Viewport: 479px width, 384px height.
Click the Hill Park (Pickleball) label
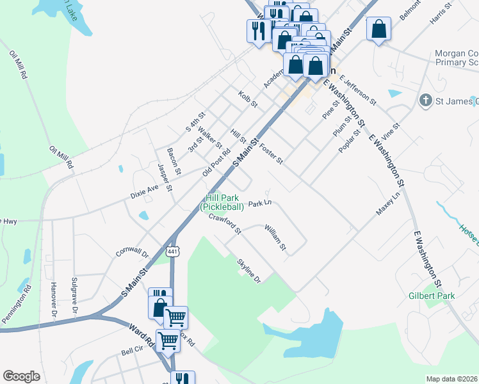pyautogui.click(x=223, y=203)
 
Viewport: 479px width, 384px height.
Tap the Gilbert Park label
pyautogui.click(x=432, y=296)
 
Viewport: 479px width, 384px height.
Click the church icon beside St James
pyautogui.click(x=425, y=100)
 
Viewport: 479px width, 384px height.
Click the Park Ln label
pyautogui.click(x=260, y=203)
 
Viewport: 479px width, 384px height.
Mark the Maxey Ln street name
pyautogui.click(x=388, y=207)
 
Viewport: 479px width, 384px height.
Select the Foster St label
pyautogui.click(x=271, y=154)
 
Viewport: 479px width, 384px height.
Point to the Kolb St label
pyautogui.click(x=248, y=99)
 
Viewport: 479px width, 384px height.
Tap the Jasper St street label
pyautogui.click(x=165, y=177)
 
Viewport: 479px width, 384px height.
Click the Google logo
pyautogui.click(x=21, y=376)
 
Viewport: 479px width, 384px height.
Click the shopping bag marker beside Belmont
pyautogui.click(x=379, y=29)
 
